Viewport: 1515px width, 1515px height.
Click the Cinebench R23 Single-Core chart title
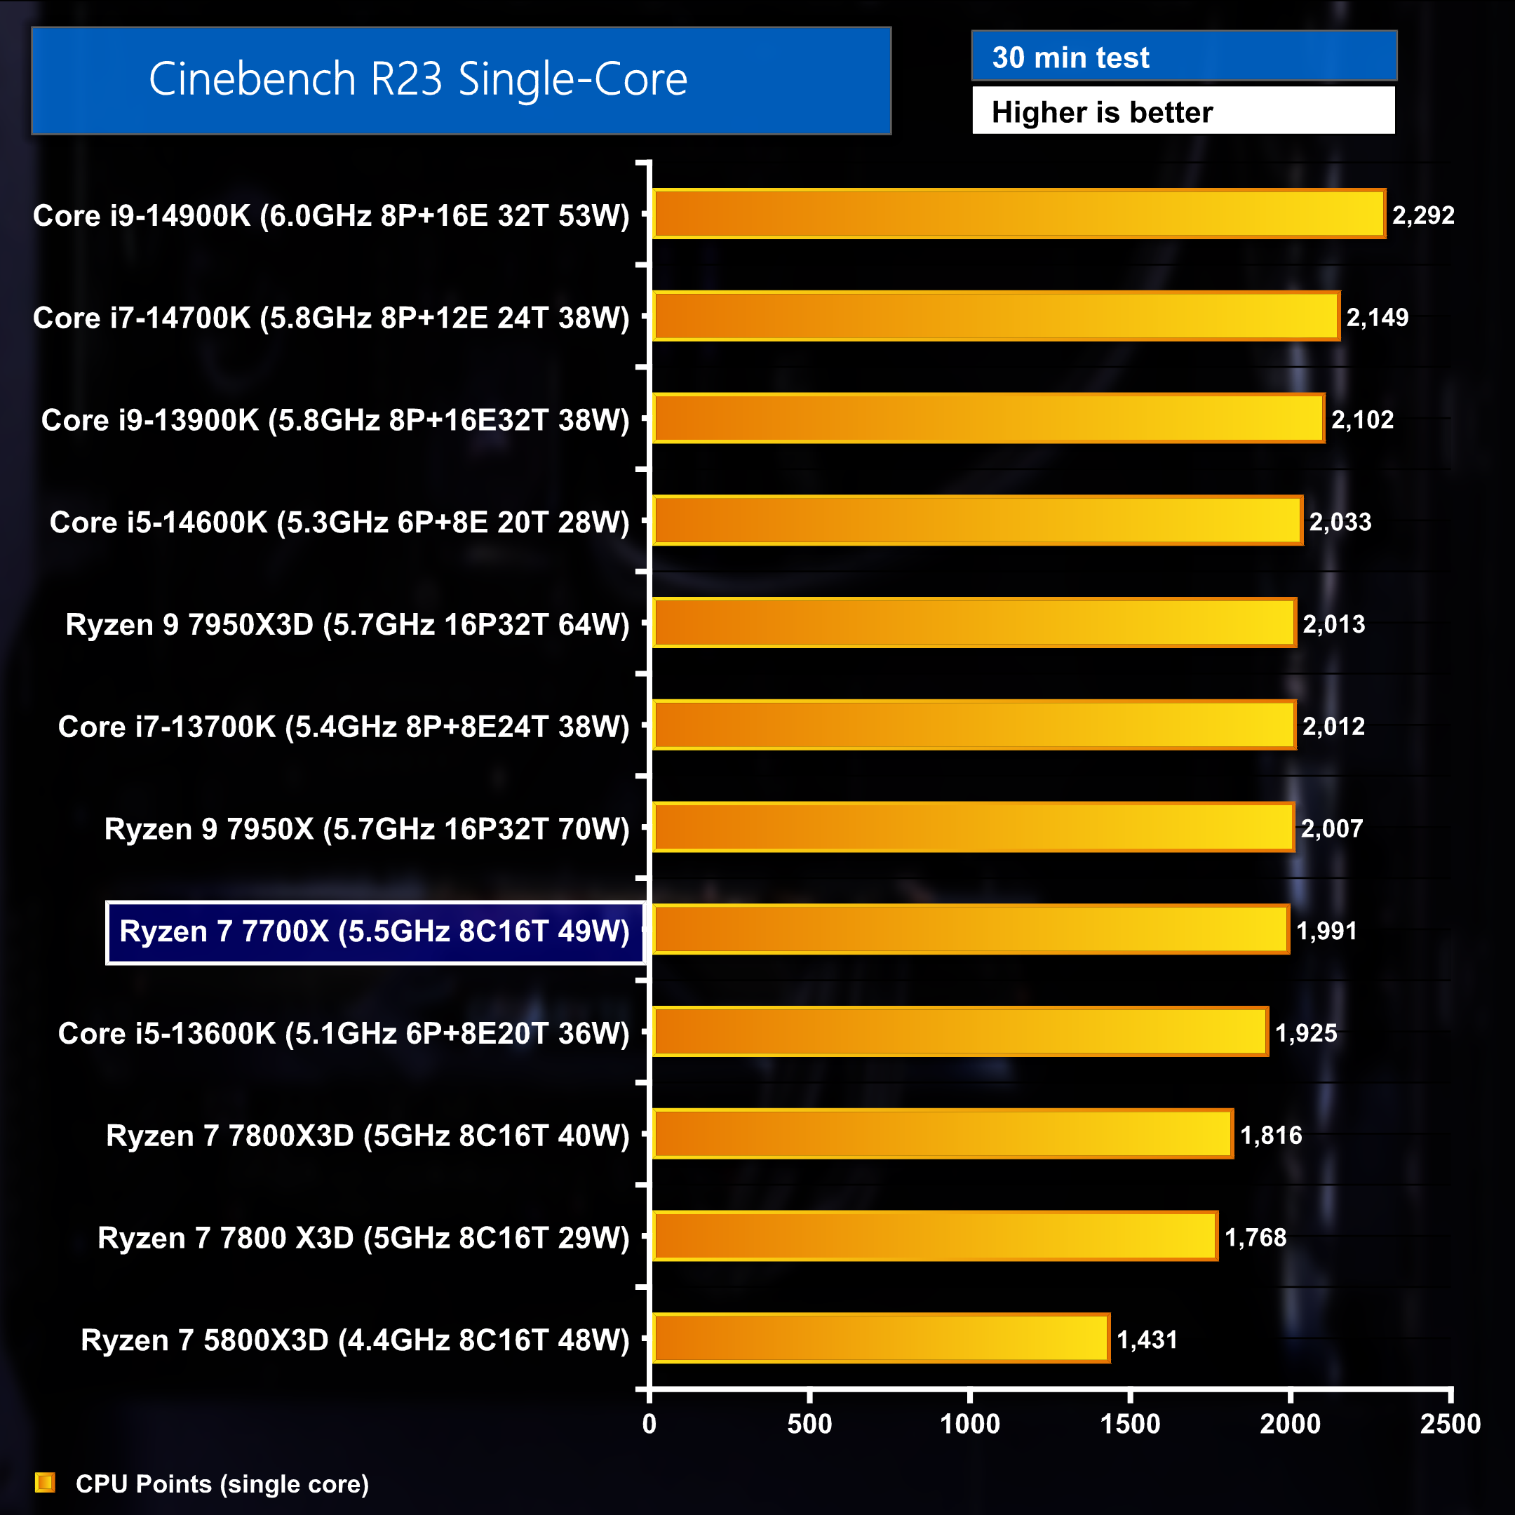pyautogui.click(x=418, y=79)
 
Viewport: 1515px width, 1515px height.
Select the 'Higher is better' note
pyautogui.click(x=1102, y=112)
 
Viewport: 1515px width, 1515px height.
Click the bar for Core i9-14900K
pyautogui.click(x=1018, y=213)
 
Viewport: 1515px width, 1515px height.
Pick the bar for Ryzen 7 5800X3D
pyautogui.click(x=881, y=1338)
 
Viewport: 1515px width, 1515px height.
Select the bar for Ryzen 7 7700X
pyautogui.click(x=971, y=929)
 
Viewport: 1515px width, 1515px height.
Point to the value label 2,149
pyautogui.click(x=1377, y=317)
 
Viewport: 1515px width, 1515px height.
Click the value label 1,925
pyautogui.click(x=1305, y=1032)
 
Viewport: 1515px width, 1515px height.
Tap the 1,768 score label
pyautogui.click(x=1255, y=1237)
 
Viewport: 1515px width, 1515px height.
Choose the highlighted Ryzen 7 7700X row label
pyautogui.click(x=374, y=931)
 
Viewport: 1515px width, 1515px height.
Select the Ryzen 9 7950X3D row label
pyautogui.click(x=347, y=624)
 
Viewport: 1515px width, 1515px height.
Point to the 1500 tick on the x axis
pyautogui.click(x=1130, y=1423)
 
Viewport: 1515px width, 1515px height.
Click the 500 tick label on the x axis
pyautogui.click(x=809, y=1423)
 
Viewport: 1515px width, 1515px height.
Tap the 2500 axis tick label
pyautogui.click(x=1450, y=1423)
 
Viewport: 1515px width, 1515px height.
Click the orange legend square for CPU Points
pyautogui.click(x=46, y=1483)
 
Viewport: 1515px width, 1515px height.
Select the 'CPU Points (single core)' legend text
pyautogui.click(x=222, y=1483)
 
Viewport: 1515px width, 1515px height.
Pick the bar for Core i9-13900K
pyautogui.click(x=988, y=418)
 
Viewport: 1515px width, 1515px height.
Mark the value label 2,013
pyautogui.click(x=1333, y=624)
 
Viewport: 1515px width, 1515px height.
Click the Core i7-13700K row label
pyautogui.click(x=344, y=726)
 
